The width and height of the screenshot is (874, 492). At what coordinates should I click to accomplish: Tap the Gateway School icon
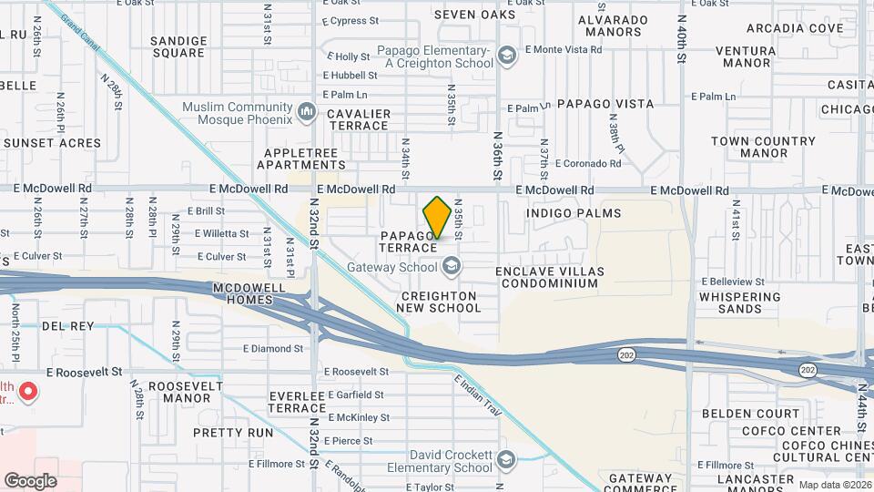coord(451,268)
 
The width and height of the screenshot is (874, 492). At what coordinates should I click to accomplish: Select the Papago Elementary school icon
coord(506,58)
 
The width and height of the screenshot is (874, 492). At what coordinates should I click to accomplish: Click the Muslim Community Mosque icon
coord(307,113)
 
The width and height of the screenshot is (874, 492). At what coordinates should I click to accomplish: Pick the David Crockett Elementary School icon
coord(506,461)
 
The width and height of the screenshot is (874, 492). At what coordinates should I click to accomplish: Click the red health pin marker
coord(28,393)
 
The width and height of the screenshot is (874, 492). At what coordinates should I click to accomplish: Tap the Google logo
coord(30,480)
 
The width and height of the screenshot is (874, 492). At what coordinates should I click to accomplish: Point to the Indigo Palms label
coord(574,213)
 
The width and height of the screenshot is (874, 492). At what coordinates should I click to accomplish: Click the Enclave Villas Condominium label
coord(559,278)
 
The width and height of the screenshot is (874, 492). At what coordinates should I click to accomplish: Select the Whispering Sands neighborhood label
coord(738,302)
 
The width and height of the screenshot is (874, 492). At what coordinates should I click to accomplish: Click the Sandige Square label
coord(178,47)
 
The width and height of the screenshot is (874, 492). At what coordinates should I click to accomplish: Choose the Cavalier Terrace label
coord(358,119)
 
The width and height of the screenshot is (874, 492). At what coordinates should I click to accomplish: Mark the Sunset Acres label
coord(56,143)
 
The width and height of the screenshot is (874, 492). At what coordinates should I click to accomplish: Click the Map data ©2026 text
coord(834,485)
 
